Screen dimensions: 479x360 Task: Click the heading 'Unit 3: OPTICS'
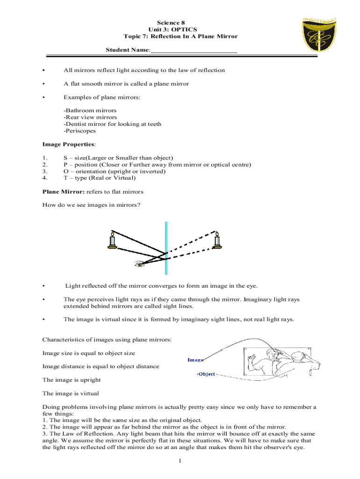point(180,29)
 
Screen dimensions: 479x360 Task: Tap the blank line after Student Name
point(194,50)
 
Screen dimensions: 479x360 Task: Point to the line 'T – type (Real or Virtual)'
point(100,178)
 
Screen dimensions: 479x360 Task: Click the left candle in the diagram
point(112,239)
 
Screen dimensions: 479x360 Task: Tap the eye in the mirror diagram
point(139,264)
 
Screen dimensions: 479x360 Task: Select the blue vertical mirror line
point(166,248)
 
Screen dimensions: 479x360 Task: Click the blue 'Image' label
point(195,360)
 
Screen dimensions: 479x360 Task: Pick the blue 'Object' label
point(206,374)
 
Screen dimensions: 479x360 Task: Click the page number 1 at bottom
point(180,462)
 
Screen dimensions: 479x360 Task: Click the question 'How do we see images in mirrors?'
point(91,205)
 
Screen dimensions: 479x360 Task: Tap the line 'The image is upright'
point(72,380)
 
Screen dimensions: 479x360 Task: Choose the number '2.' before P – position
point(45,165)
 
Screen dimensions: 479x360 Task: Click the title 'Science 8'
point(180,22)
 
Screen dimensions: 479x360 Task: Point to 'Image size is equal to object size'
point(89,353)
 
